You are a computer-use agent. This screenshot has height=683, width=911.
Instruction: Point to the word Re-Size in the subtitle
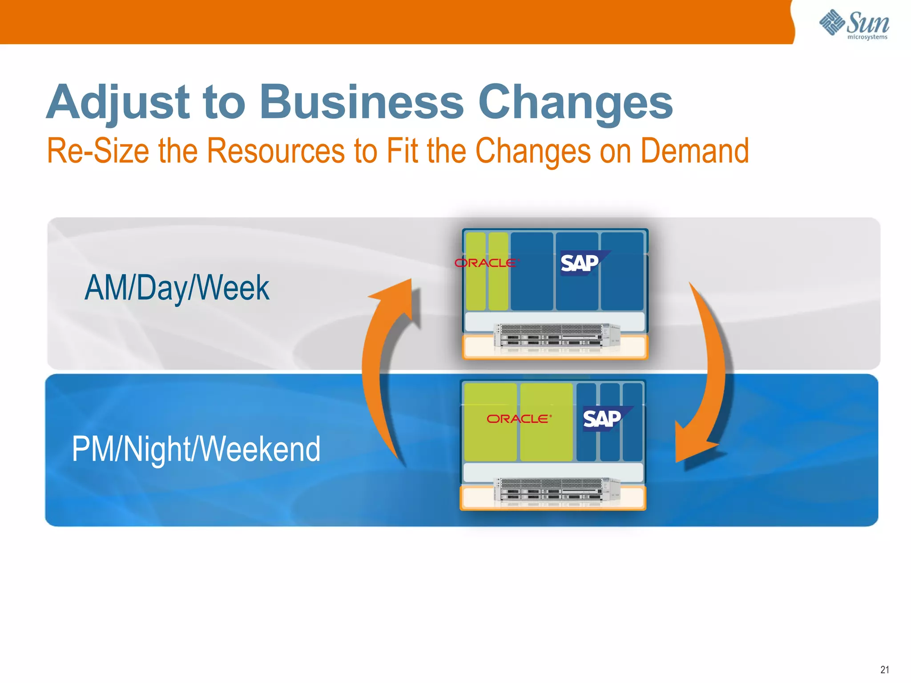[x=97, y=151]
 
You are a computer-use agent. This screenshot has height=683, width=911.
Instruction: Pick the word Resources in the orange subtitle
[x=276, y=151]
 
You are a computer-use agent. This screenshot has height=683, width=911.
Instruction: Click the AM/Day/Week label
[x=177, y=288]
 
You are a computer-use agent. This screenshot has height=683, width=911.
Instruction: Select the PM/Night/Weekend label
[x=196, y=449]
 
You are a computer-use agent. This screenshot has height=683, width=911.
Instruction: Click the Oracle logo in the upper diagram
[x=486, y=263]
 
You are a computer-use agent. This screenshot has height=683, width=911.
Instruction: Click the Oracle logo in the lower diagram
[x=519, y=419]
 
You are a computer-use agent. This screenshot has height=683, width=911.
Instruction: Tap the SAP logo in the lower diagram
[x=603, y=419]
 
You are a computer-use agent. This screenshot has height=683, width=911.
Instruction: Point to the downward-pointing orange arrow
[x=707, y=378]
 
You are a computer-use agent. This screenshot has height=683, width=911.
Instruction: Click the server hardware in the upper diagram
[x=556, y=337]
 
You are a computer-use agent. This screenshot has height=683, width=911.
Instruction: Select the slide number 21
[x=884, y=669]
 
